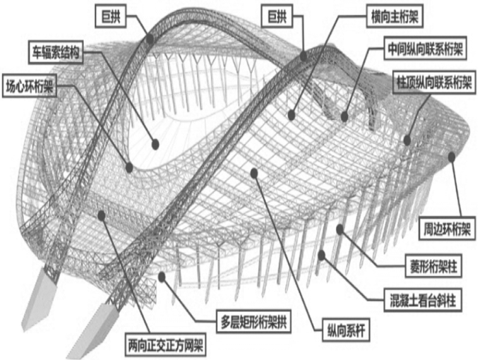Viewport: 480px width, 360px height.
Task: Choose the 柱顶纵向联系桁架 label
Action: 434,82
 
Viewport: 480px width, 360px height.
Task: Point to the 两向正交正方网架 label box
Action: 166,346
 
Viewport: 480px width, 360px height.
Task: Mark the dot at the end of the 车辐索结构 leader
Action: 155,145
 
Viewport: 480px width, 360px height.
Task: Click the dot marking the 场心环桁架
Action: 129,167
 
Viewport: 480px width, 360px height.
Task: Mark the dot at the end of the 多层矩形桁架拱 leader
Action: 163,275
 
